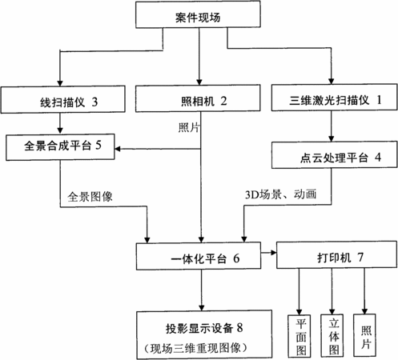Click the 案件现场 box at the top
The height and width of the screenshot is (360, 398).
[198, 14]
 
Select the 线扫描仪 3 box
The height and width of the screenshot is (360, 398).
[63, 99]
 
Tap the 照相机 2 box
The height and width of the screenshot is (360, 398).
[198, 98]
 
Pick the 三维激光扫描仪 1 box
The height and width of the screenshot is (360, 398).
[335, 97]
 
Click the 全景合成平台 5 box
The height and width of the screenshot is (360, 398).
[60, 147]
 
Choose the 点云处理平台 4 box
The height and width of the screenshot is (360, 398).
[335, 155]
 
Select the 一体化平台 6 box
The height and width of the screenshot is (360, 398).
[199, 256]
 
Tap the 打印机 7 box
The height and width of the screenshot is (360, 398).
[336, 254]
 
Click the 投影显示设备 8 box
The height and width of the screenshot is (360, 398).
[204, 334]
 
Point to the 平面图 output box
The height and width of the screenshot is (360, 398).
[300, 336]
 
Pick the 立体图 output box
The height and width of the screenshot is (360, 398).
[332, 335]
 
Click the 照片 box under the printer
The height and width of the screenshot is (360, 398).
[364, 335]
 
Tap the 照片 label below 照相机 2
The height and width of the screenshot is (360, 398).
[189, 128]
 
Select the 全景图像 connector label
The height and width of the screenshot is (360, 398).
[90, 197]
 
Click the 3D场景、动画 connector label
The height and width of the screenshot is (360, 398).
[280, 194]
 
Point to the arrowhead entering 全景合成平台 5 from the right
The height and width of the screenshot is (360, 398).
[118, 149]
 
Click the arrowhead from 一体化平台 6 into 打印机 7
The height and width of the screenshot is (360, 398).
[273, 252]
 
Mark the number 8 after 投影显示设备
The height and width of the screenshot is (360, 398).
[239, 327]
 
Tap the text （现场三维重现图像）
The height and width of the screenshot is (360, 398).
[195, 348]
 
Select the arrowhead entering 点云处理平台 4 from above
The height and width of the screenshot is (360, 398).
[332, 138]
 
